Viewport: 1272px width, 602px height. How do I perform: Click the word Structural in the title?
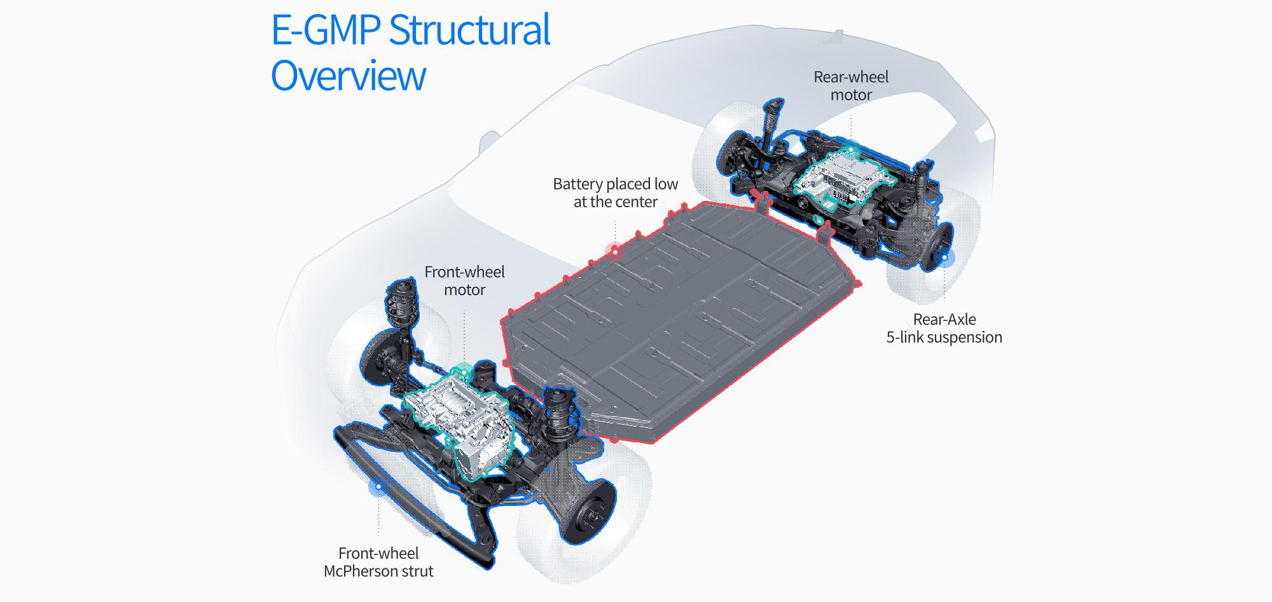point(469,31)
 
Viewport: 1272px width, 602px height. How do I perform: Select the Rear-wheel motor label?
point(851,86)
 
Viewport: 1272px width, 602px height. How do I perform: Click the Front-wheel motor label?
point(464,280)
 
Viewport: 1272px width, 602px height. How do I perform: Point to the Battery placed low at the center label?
point(615,193)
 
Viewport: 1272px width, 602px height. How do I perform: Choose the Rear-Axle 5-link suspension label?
point(944,328)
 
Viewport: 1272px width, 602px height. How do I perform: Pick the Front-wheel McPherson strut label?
point(378,562)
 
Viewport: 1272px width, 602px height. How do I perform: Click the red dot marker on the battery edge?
point(615,252)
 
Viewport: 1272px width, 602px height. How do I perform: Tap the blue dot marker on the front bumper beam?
point(378,487)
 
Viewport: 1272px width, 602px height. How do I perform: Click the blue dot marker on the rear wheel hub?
point(944,257)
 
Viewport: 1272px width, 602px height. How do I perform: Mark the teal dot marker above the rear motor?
point(851,151)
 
